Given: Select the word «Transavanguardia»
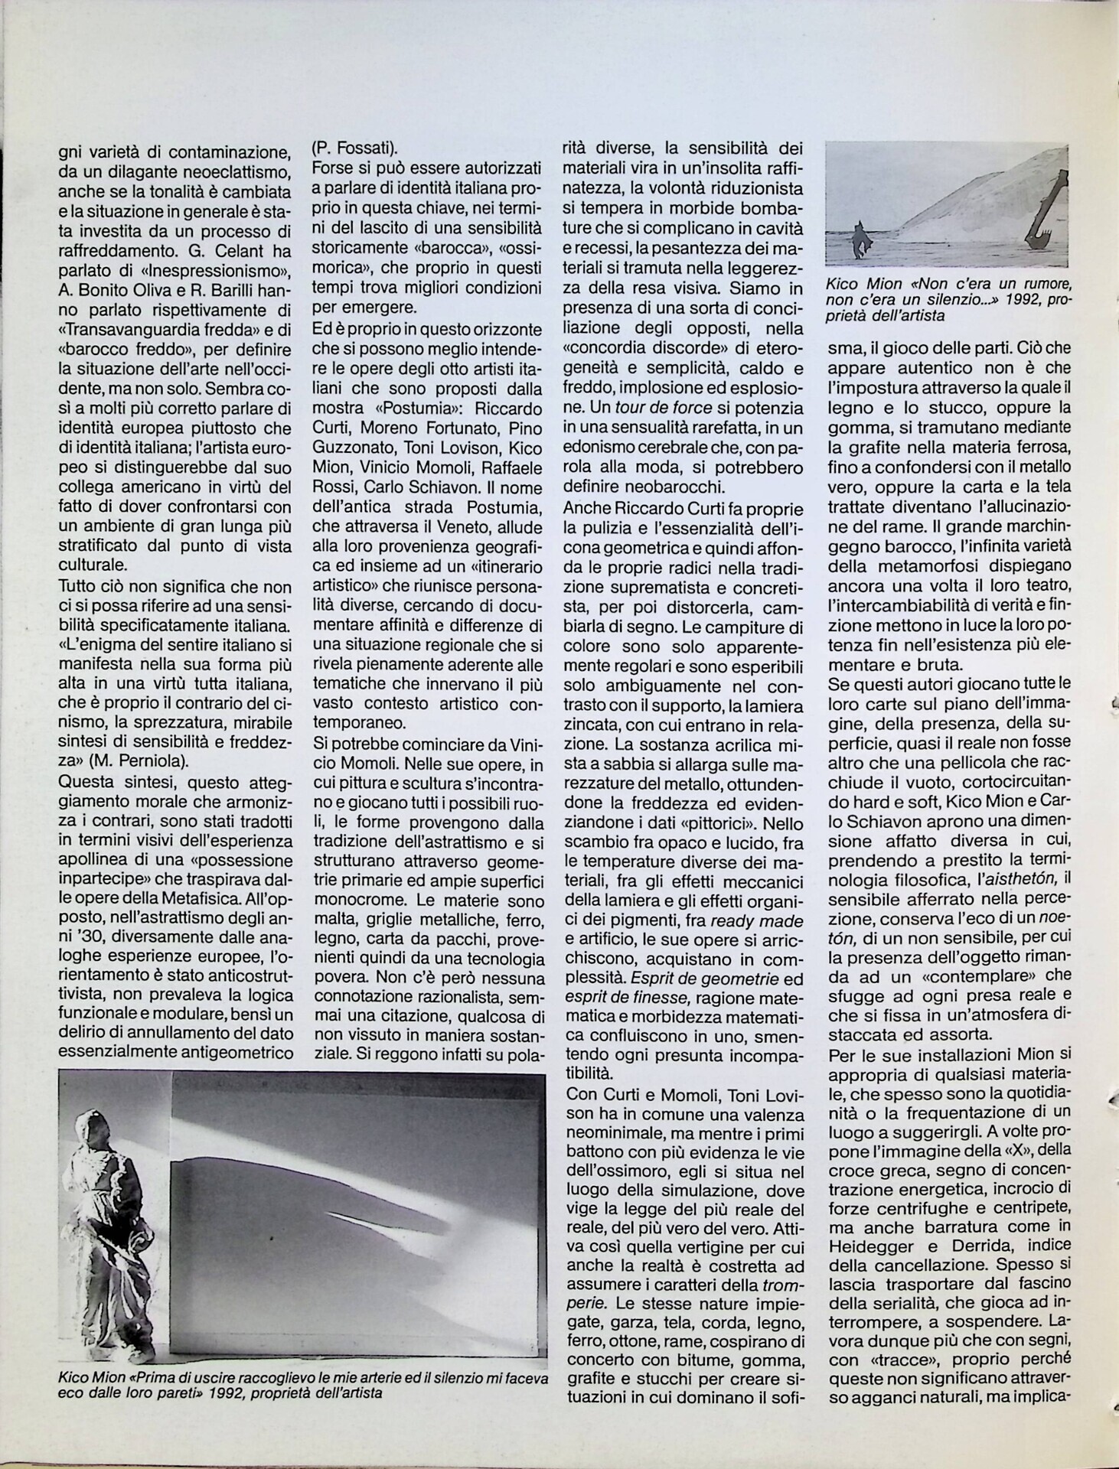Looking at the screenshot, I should (126, 331).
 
